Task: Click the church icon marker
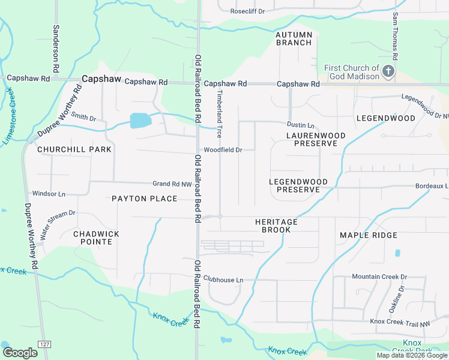[388, 72]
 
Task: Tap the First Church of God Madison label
[352, 72]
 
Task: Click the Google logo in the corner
[20, 352]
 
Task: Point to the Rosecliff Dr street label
[247, 11]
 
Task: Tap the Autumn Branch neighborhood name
[294, 38]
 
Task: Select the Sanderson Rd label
[56, 49]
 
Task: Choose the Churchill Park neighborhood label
[74, 149]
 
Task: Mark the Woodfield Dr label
[223, 150]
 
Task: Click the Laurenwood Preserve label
[316, 140]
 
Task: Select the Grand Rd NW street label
[172, 184]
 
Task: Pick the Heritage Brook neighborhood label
[276, 226]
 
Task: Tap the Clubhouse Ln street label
[223, 280]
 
